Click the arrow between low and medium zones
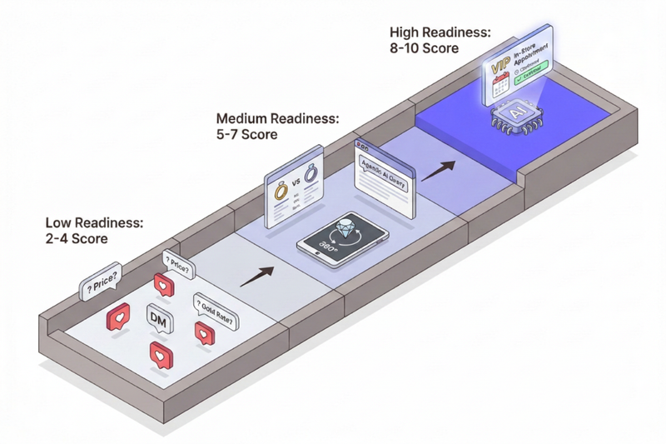pos(261,276)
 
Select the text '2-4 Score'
pos(77,238)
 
